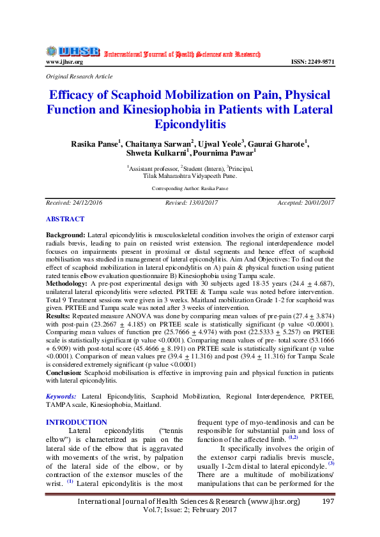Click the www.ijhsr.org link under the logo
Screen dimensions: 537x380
(x=64, y=62)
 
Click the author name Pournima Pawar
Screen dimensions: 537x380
(x=227, y=153)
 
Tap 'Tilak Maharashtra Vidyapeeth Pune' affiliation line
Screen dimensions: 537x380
(x=190, y=175)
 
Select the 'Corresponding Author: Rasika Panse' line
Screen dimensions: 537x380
(x=190, y=189)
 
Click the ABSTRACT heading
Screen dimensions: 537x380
(x=65, y=219)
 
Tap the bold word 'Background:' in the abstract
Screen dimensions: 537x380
(x=66, y=236)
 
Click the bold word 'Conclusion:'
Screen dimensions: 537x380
(x=64, y=372)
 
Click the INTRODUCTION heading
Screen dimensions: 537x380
(x=77, y=422)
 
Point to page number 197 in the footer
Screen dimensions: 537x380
(x=328, y=502)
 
